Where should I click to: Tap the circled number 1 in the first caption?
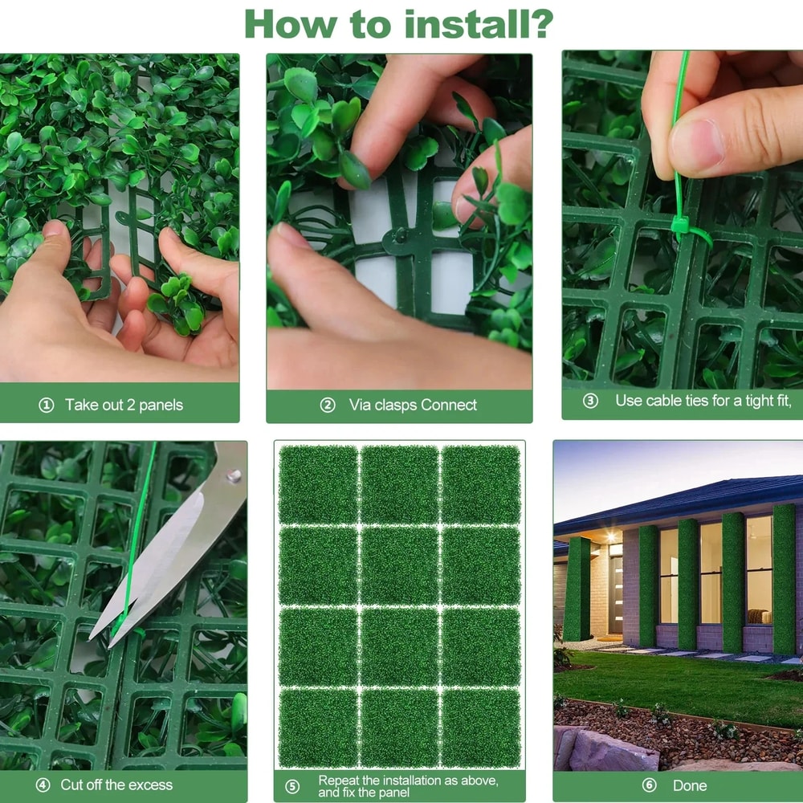[x=46, y=406]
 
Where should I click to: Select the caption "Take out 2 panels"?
[x=124, y=406]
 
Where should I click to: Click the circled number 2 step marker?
[x=328, y=406]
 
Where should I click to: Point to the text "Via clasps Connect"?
[x=413, y=406]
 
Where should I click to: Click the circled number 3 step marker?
[x=590, y=401]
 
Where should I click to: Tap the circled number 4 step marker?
[x=43, y=785]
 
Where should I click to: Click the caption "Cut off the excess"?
[x=116, y=785]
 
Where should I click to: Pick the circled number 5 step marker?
[x=292, y=786]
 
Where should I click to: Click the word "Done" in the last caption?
[x=690, y=785]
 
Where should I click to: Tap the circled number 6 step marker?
[x=649, y=785]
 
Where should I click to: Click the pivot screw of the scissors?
[x=233, y=475]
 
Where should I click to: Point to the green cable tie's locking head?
[x=682, y=228]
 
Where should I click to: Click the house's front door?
[x=616, y=594]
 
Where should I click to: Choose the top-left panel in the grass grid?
[x=318, y=484]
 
